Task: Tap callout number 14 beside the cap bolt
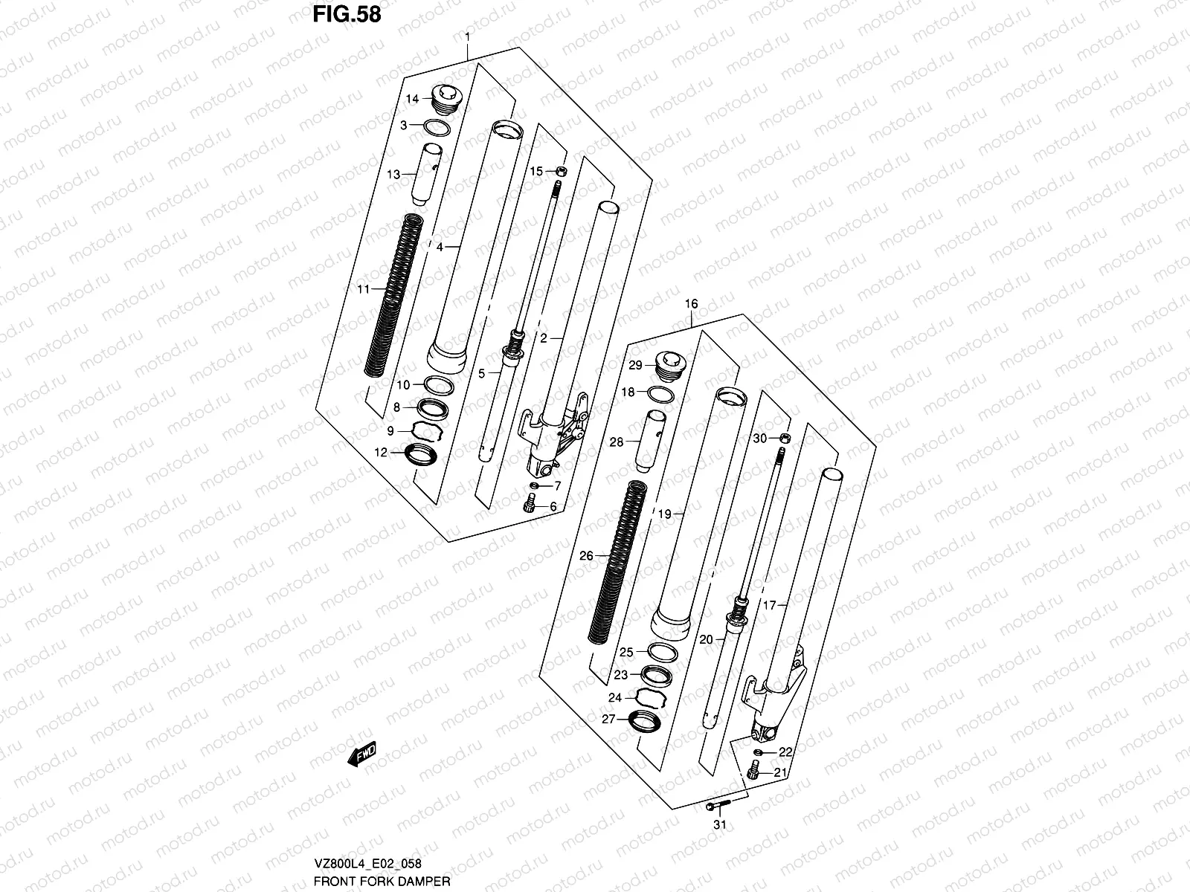coord(413,99)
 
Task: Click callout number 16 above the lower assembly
coord(692,303)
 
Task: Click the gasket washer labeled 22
coord(757,753)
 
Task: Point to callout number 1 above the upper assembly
coord(467,37)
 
